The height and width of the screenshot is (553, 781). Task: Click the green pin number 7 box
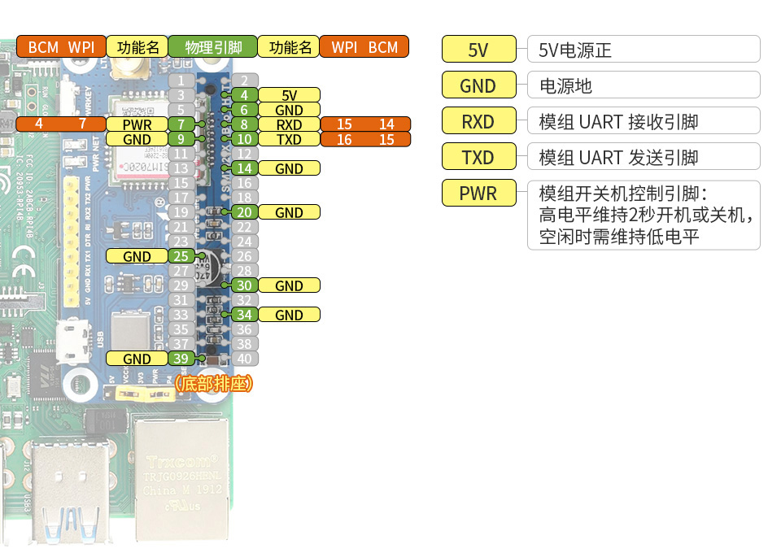pos(181,124)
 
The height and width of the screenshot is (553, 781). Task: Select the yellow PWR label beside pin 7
pos(137,124)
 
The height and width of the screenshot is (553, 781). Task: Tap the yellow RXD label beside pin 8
pos(289,124)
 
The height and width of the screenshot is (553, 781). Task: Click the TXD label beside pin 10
pos(289,139)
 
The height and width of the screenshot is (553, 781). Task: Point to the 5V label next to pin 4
pos(289,95)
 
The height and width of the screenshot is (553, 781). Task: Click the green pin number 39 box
pos(181,359)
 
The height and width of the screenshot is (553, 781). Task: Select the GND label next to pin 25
pos(137,256)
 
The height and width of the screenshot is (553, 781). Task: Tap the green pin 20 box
pos(244,212)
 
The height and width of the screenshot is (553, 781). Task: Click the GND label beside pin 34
pos(289,315)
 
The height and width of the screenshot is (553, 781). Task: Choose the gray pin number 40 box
pos(244,359)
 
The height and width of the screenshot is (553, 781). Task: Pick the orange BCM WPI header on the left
pos(61,47)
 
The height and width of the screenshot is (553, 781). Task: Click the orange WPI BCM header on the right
pos(364,47)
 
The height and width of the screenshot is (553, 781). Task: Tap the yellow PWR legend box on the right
pos(478,194)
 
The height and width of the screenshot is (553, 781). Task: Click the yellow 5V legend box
pos(478,50)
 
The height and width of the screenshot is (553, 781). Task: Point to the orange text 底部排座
pos(214,383)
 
